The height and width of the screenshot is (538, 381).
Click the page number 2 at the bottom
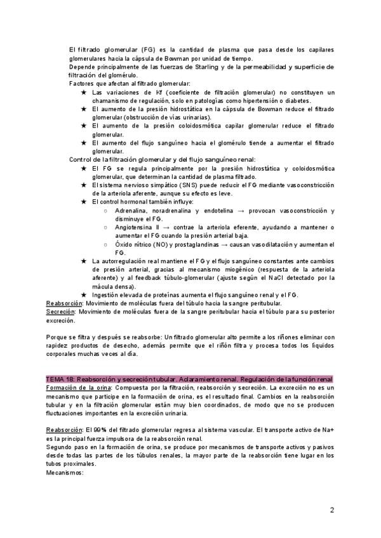coord(332,510)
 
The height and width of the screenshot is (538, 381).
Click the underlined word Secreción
coord(60,312)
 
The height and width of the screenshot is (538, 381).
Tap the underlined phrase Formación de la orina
coord(76,387)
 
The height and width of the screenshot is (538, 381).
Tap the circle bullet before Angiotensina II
coord(106,227)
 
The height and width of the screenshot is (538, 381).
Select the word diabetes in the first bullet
coord(297,101)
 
